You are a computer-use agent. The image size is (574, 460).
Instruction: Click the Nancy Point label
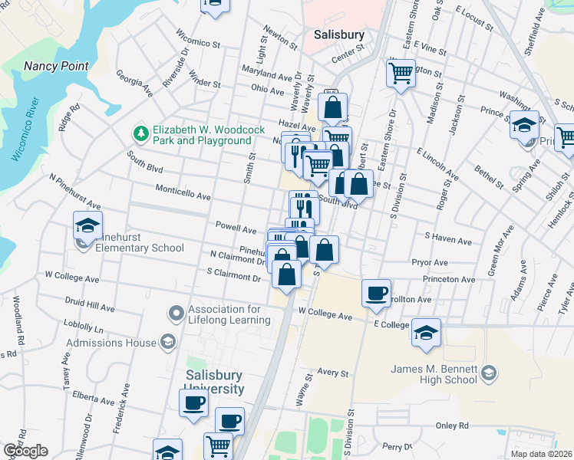[57, 66]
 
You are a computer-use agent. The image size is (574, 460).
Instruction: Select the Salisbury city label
[339, 34]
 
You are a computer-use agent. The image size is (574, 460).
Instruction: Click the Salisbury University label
[214, 383]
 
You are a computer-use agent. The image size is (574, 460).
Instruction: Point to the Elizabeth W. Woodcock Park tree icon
[140, 134]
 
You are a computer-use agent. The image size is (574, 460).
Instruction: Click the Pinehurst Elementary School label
[134, 248]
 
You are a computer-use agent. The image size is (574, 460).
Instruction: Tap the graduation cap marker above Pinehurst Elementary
[87, 225]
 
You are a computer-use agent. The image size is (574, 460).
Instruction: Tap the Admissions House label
[111, 343]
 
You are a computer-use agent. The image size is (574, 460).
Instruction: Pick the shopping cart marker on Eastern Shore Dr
[401, 74]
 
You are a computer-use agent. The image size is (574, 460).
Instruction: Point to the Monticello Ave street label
[183, 195]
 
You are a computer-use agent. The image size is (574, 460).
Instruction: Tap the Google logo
[25, 451]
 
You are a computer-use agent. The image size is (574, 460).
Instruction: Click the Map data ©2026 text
[540, 454]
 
